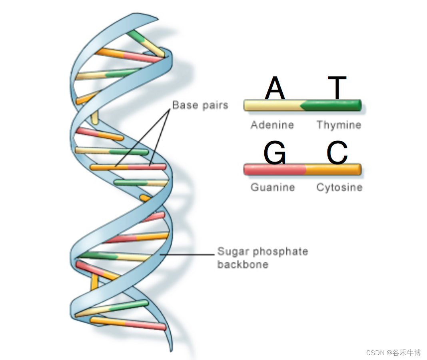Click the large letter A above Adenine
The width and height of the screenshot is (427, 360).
275,88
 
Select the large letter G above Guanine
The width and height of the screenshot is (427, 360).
275,153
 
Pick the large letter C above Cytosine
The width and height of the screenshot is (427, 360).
337,153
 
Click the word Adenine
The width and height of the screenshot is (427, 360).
272,125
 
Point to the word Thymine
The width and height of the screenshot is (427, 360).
339,125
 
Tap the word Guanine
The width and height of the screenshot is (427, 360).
273,187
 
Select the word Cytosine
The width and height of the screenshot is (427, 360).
339,187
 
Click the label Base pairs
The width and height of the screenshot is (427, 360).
200,105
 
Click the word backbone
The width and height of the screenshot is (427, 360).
243,264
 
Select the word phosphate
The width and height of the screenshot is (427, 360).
281,252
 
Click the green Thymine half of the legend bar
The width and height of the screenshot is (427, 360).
334,105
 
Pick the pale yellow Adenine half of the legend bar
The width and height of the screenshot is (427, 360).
272,105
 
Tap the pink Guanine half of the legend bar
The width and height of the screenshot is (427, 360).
274,169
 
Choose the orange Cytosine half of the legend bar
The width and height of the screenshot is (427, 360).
334,169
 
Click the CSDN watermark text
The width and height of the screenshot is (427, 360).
393,353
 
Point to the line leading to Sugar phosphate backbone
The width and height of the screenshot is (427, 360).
188,254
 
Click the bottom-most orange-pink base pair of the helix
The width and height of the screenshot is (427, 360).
128,323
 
